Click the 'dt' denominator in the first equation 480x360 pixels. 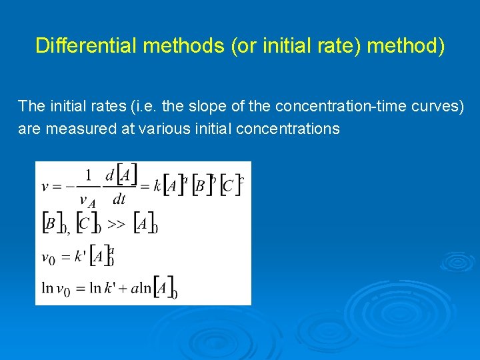point(119,199)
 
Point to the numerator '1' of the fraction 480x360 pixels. point(88,176)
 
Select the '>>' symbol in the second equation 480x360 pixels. point(116,225)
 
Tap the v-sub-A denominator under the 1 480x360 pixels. point(87,201)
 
